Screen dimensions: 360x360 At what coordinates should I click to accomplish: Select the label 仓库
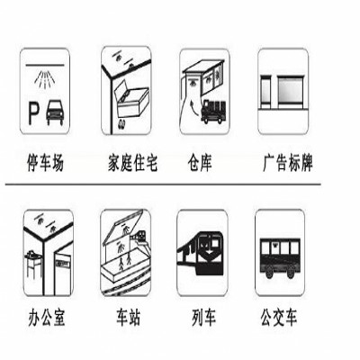click(200, 162)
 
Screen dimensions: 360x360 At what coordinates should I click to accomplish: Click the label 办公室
click(47, 318)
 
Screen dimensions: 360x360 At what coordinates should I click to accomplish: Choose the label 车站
click(129, 318)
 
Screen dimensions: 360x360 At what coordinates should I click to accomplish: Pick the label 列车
click(203, 318)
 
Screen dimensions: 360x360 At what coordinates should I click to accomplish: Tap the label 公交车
click(279, 318)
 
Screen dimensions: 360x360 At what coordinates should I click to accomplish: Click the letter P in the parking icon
click(33, 112)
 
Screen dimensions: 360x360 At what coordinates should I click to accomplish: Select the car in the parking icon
click(55, 113)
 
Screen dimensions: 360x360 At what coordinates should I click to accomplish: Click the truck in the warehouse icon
click(213, 112)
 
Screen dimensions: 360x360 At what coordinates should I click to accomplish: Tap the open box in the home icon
click(132, 101)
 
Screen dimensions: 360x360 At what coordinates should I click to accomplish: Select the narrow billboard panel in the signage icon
click(265, 92)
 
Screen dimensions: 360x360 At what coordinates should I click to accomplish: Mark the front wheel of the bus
click(268, 273)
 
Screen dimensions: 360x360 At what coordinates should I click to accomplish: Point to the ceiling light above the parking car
click(45, 80)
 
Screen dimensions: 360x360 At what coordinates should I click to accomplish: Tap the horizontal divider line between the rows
click(163, 184)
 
